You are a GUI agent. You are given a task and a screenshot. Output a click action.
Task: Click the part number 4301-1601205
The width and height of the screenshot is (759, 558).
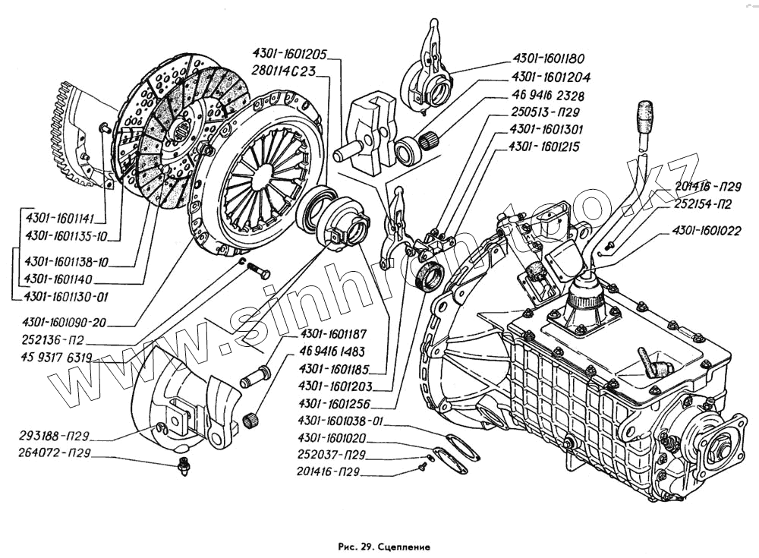[290, 55]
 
